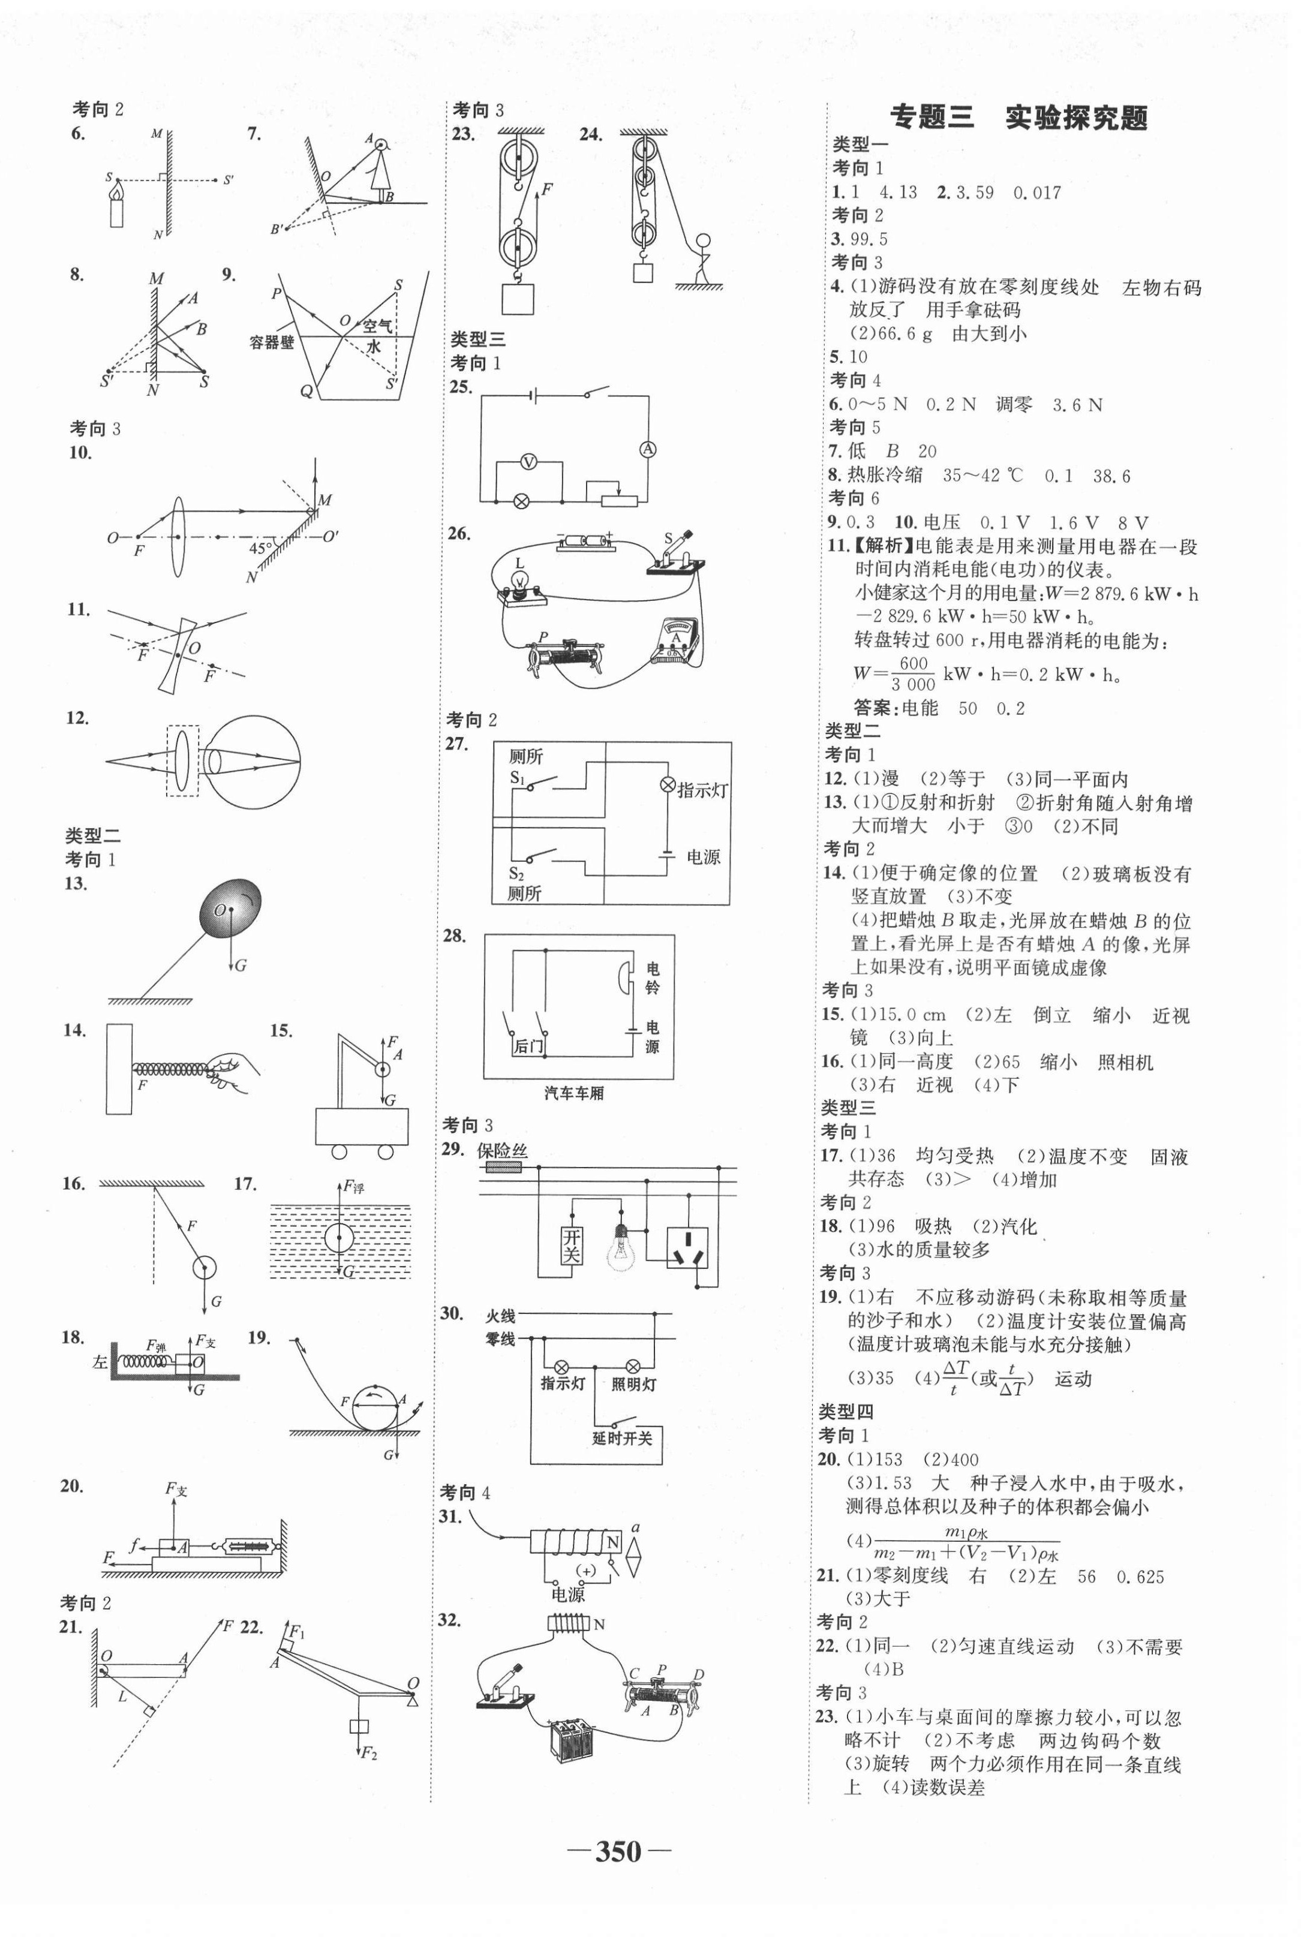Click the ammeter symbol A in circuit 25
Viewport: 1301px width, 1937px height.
pyautogui.click(x=647, y=449)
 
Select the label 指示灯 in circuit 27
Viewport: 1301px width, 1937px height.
pyautogui.click(x=702, y=790)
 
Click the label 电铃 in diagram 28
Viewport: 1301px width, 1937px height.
pyautogui.click(x=653, y=978)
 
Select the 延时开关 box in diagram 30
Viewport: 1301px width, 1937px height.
pyautogui.click(x=622, y=1437)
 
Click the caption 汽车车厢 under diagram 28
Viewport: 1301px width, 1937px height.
pyautogui.click(x=574, y=1093)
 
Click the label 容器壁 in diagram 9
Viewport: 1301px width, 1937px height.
pyautogui.click(x=272, y=342)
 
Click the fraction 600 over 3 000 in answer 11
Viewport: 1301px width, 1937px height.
pyautogui.click(x=913, y=673)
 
